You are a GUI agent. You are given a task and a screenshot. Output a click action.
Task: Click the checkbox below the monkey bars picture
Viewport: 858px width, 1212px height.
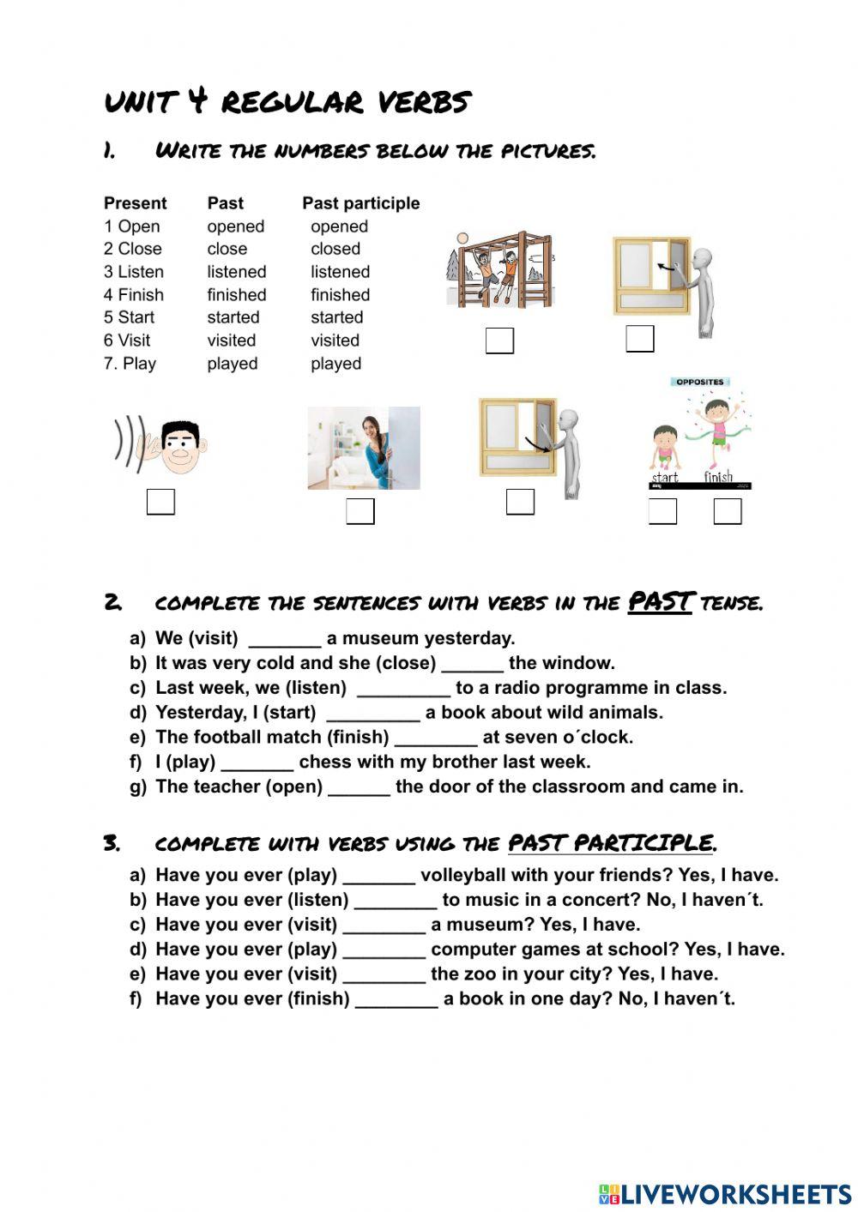(x=499, y=341)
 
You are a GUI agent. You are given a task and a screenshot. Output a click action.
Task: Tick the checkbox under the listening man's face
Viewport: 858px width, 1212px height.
(x=160, y=502)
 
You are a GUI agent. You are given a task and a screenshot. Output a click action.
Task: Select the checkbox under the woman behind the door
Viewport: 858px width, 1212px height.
(x=360, y=511)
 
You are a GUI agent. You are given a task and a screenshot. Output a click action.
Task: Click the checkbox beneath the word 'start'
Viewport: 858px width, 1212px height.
(x=662, y=511)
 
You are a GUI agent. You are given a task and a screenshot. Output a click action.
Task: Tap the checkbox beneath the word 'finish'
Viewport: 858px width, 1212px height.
(x=728, y=511)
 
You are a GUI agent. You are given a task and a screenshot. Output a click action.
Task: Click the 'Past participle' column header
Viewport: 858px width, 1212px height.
(x=360, y=203)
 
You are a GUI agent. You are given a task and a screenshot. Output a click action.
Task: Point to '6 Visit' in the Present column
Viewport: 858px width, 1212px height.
(x=127, y=341)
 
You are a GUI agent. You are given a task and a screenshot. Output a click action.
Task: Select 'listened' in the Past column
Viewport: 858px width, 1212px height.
(x=237, y=272)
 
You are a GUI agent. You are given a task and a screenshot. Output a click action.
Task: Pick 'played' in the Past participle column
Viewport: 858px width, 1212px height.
(x=335, y=364)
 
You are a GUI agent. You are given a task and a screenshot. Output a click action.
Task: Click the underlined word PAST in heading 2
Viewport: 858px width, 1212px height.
(x=660, y=602)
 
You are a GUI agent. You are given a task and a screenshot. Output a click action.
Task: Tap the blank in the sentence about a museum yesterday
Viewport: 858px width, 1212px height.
(x=284, y=639)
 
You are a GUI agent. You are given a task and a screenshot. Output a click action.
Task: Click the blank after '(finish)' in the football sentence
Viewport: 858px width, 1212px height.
(x=436, y=738)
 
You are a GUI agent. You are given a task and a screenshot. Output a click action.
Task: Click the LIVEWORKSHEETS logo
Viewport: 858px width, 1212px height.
(x=725, y=1194)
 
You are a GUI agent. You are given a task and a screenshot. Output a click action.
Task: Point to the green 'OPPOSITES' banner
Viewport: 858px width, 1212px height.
(x=699, y=382)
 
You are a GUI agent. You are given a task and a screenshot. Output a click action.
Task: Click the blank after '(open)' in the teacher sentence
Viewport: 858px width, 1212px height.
(x=359, y=787)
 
